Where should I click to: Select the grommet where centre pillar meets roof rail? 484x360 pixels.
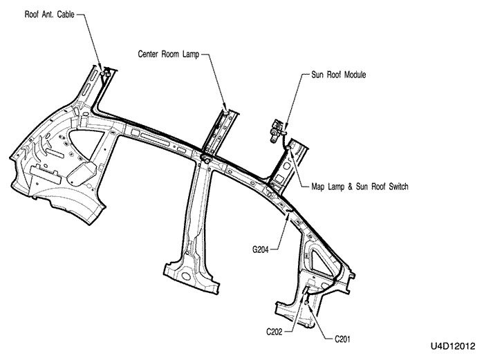coord(205,158)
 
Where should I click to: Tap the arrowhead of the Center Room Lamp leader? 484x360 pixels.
coord(225,109)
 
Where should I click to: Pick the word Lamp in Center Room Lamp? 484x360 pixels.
coord(189,53)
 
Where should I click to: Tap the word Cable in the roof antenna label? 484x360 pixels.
coord(64,13)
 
